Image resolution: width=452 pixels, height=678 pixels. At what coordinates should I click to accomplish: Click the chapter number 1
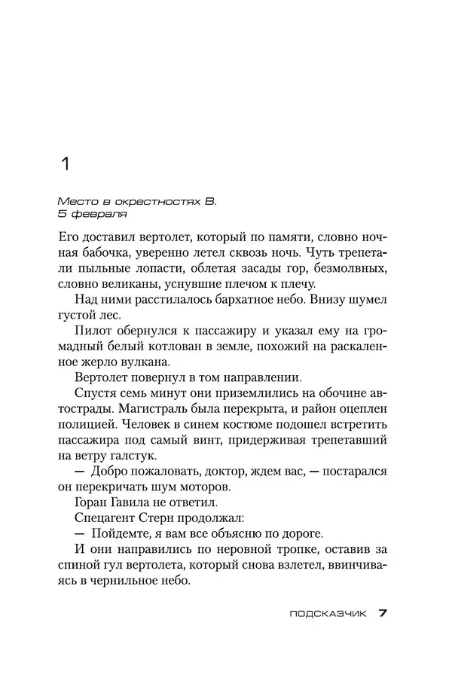click(65, 163)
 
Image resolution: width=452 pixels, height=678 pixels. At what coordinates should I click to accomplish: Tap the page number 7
click(382, 613)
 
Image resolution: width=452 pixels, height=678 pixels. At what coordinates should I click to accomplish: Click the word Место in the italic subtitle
click(74, 202)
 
